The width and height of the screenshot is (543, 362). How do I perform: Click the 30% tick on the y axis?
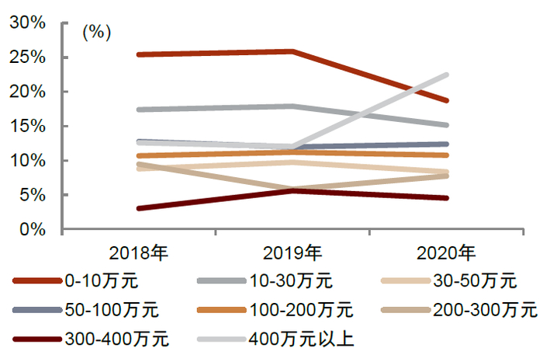tap(28, 23)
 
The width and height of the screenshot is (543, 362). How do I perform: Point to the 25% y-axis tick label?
tap(28, 57)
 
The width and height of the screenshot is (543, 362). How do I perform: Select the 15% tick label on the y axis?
tap(28, 127)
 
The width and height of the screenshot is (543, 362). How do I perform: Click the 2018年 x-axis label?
tap(139, 252)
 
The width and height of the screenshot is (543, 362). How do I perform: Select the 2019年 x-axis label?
tap(292, 252)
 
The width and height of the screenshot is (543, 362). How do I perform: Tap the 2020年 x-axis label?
tap(446, 252)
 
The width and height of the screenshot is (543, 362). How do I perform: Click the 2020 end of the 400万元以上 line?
tap(446, 75)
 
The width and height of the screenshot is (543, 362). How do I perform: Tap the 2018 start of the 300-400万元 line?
tap(139, 208)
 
